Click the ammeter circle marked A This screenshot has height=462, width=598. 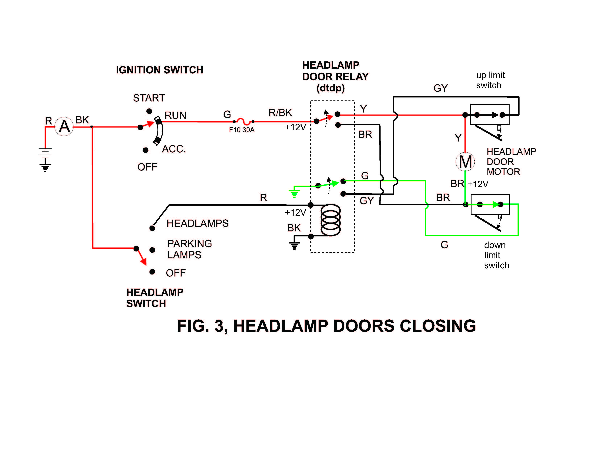[x=64, y=126]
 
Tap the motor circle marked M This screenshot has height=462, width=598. [x=465, y=161]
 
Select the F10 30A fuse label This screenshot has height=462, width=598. [x=242, y=130]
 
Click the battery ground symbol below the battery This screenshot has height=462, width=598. [x=45, y=166]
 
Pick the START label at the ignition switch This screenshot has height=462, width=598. [x=149, y=98]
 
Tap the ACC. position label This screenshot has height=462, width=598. [x=174, y=149]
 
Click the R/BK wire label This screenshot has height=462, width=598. [x=280, y=113]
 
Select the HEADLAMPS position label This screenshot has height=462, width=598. [x=197, y=223]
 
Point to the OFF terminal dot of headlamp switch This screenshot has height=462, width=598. [x=152, y=272]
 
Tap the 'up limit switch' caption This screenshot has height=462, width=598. [x=490, y=80]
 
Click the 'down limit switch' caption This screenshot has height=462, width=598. [x=496, y=255]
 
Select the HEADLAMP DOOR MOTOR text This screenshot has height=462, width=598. [x=511, y=161]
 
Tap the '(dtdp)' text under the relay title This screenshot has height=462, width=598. [x=331, y=88]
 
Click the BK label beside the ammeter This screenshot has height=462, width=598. [x=82, y=120]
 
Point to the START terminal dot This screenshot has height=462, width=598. [x=149, y=111]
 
